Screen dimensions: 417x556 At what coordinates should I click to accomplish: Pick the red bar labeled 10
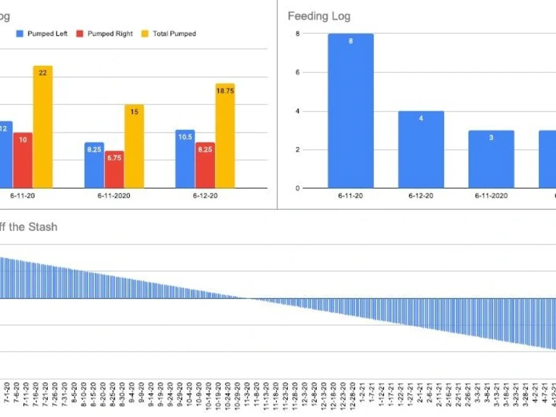coord(23,160)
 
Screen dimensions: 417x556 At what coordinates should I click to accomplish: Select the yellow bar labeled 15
coord(134,146)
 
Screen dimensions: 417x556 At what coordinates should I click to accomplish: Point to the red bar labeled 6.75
coord(114,170)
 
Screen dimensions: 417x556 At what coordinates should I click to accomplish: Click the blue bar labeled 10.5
coord(185,159)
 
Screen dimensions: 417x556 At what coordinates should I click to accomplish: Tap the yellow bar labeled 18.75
coord(225,136)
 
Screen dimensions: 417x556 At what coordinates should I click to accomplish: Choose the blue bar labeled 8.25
coord(94,165)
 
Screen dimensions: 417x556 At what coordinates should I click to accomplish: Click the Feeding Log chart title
coord(319,16)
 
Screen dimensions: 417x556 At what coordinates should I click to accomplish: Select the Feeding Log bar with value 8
coord(350,111)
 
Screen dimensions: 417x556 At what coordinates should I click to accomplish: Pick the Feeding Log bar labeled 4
coord(421,150)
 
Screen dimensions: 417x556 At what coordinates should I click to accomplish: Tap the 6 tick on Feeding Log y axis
coord(297,72)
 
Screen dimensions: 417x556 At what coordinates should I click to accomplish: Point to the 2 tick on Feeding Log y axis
coord(297,150)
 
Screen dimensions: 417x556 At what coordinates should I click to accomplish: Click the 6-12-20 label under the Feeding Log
coord(421,196)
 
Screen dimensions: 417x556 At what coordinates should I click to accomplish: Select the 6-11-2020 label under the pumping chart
coord(114,196)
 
